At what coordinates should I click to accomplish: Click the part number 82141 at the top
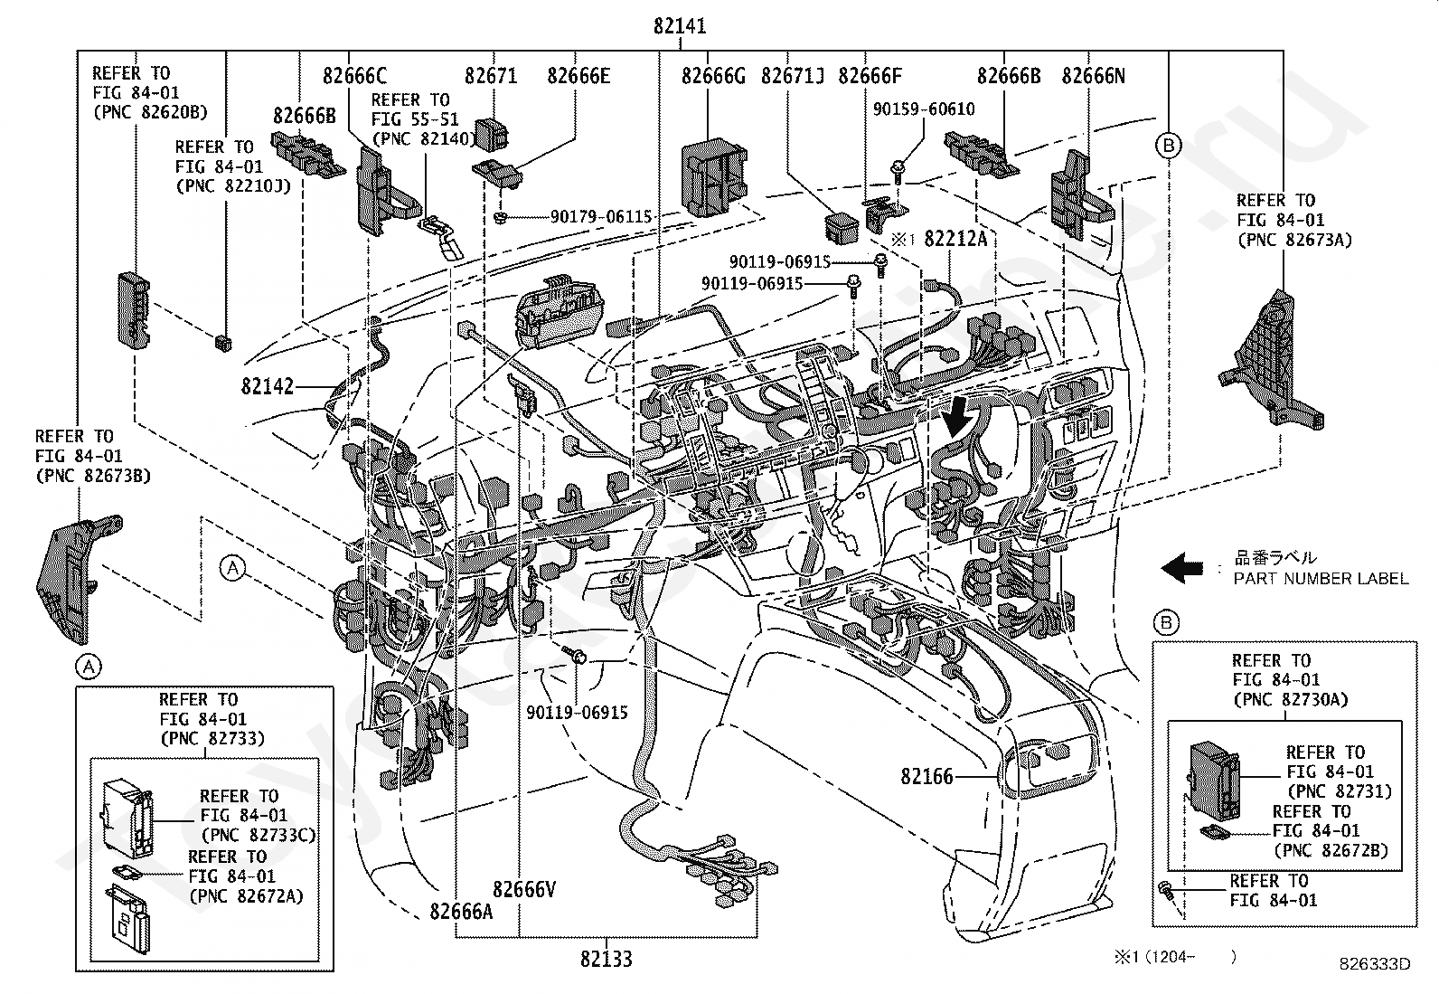pyautogui.click(x=680, y=26)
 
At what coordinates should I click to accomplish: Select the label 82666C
pyautogui.click(x=354, y=76)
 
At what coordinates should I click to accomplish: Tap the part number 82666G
pyautogui.click(x=713, y=76)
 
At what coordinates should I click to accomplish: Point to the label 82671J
pyautogui.click(x=793, y=76)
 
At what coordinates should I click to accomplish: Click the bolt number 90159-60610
pyautogui.click(x=924, y=109)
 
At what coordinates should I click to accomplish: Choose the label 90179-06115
pyautogui.click(x=601, y=217)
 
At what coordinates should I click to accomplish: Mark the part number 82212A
pyautogui.click(x=955, y=239)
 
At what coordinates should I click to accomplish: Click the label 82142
pyautogui.click(x=268, y=386)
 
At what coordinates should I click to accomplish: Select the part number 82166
pyautogui.click(x=926, y=776)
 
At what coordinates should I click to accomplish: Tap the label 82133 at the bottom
pyautogui.click(x=606, y=959)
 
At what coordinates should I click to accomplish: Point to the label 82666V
pyautogui.click(x=524, y=890)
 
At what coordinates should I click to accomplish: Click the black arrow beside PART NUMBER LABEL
pyautogui.click(x=1181, y=568)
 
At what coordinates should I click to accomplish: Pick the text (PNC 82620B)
pyautogui.click(x=149, y=112)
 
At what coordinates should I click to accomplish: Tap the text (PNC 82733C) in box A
pyautogui.click(x=259, y=835)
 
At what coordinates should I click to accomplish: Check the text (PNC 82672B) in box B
pyautogui.click(x=1330, y=850)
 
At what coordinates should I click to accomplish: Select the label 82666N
pyautogui.click(x=1093, y=76)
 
